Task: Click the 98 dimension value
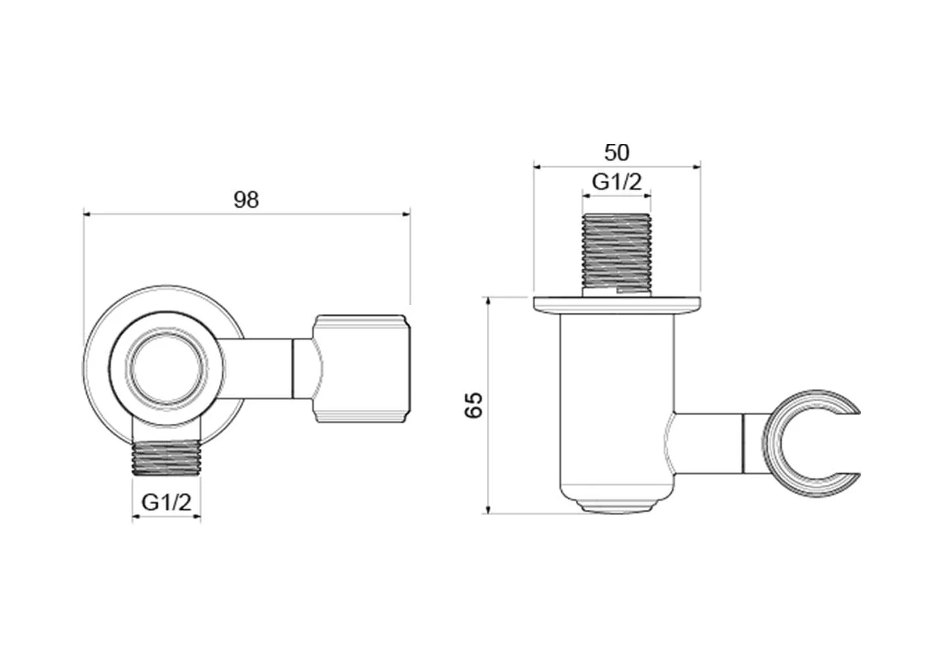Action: point(247,199)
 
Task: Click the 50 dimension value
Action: point(616,152)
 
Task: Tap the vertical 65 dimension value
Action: point(473,405)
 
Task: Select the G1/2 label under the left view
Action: point(166,503)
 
